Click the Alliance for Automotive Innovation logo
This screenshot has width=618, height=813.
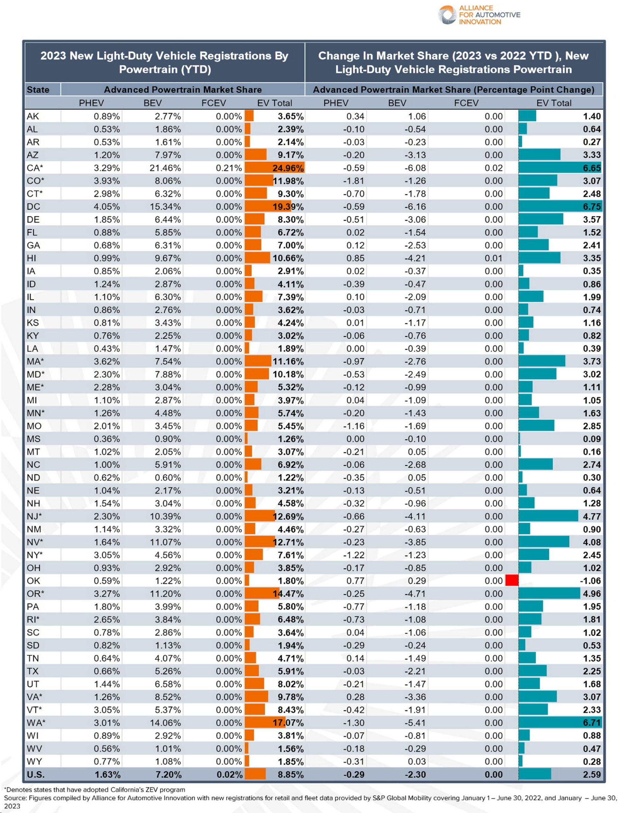click(479, 15)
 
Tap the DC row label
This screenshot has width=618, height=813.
click(33, 207)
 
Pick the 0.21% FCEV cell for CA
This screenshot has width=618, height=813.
click(228, 168)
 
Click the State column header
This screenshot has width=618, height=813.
click(38, 90)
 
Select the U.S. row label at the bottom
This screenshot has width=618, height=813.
click(36, 774)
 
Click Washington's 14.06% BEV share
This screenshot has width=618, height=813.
click(165, 722)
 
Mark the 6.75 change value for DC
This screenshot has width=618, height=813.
click(592, 207)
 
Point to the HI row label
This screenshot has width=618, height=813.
click(32, 258)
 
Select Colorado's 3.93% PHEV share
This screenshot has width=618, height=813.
click(107, 181)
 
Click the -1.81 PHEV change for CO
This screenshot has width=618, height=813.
click(354, 181)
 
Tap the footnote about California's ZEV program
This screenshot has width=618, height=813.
click(95, 789)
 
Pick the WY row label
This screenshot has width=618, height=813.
click(34, 761)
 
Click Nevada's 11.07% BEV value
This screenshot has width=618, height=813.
click(165, 542)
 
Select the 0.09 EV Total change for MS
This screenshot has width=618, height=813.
click(592, 439)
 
